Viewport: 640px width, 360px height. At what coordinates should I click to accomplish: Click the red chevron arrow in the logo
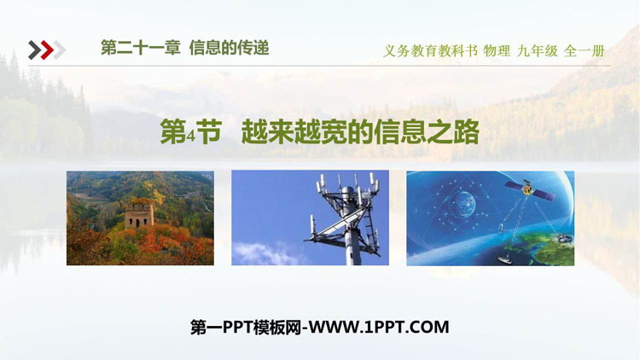point(47,50)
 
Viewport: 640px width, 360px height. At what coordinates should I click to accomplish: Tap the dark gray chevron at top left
point(35,50)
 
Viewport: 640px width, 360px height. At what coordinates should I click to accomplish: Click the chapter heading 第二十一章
point(141,48)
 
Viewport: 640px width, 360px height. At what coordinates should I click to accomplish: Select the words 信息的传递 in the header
point(229,48)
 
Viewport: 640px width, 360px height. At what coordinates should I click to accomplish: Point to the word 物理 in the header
point(497,51)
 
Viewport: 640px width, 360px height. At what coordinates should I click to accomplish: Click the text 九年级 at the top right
point(537,51)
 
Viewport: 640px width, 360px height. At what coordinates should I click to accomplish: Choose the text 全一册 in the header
point(584,51)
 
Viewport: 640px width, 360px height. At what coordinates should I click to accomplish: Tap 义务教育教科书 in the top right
point(430,51)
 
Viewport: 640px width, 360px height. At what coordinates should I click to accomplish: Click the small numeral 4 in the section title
point(190,136)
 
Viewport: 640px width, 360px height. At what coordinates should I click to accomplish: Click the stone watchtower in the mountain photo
point(139,213)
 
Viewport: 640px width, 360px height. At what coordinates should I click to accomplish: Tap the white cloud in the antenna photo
point(265,253)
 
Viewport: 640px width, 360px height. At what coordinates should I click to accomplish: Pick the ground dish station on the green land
point(562,237)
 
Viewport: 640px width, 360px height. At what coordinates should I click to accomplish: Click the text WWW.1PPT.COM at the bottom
point(378,328)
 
